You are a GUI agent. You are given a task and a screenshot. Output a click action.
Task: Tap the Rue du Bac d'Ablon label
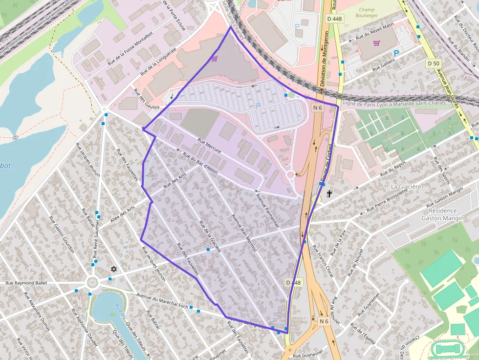point(200,164)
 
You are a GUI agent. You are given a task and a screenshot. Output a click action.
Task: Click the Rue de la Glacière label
point(210,236)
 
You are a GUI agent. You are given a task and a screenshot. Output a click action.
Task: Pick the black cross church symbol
point(329,194)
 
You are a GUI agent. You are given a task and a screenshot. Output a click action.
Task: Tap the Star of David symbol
point(114,269)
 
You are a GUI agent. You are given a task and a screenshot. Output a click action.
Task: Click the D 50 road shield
point(433,64)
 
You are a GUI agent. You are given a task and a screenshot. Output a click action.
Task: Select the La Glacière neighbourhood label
point(406,187)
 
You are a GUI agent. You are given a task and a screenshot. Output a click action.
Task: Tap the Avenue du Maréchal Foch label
point(162,301)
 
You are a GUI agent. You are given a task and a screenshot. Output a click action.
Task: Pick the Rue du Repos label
point(394,170)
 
